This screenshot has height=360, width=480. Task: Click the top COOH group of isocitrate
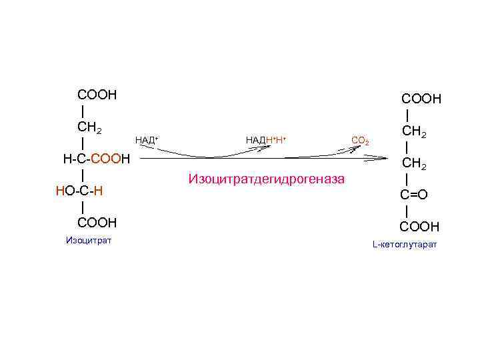[97, 95]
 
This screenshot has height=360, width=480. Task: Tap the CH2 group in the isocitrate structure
[89, 127]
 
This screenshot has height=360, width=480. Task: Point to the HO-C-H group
[79, 191]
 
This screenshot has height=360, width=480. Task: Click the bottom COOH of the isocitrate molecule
[97, 222]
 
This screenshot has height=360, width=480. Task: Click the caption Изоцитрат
[89, 240]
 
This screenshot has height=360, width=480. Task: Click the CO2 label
[360, 141]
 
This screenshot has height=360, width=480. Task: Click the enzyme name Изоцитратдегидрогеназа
[267, 179]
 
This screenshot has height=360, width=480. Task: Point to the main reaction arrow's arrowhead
[386, 159]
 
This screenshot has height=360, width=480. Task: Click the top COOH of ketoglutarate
[421, 99]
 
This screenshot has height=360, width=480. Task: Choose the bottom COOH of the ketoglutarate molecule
[420, 227]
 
